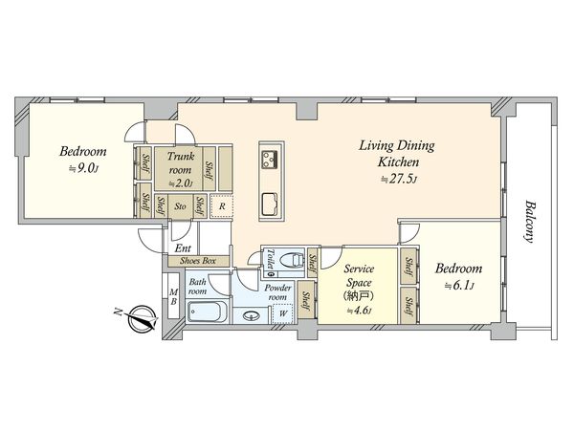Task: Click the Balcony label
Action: pyautogui.click(x=529, y=222)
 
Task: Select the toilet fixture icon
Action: pyautogui.click(x=292, y=260)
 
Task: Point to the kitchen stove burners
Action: pyautogui.click(x=269, y=158)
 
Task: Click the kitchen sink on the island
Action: pyautogui.click(x=270, y=204)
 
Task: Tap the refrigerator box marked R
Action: pyautogui.click(x=222, y=206)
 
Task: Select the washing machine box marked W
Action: pyautogui.click(x=282, y=313)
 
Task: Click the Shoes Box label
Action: pyautogui.click(x=198, y=261)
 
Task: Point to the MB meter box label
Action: pyautogui.click(x=174, y=297)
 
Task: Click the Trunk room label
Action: pyautogui.click(x=180, y=163)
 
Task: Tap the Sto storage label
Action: pyautogui.click(x=180, y=206)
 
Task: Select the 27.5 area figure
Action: pyautogui.click(x=399, y=180)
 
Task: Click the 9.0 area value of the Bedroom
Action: pyautogui.click(x=83, y=168)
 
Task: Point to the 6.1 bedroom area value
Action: pyautogui.click(x=459, y=286)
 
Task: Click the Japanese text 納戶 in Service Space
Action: pyautogui.click(x=359, y=296)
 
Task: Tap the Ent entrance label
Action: pyautogui.click(x=183, y=248)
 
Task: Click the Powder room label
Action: pyautogui.click(x=277, y=292)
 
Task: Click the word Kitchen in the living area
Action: pyautogui.click(x=398, y=161)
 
